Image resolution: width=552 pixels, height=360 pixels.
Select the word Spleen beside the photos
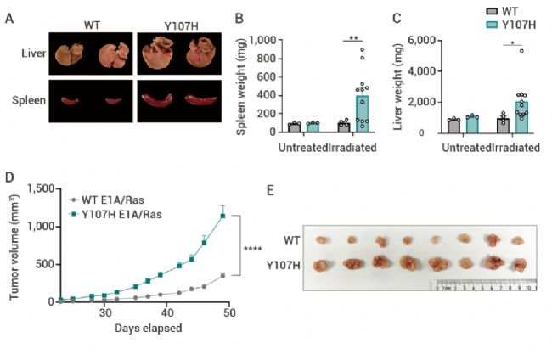click(30, 98)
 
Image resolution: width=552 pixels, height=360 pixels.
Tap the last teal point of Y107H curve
click(222, 216)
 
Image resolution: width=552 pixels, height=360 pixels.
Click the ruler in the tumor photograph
click(480, 287)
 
